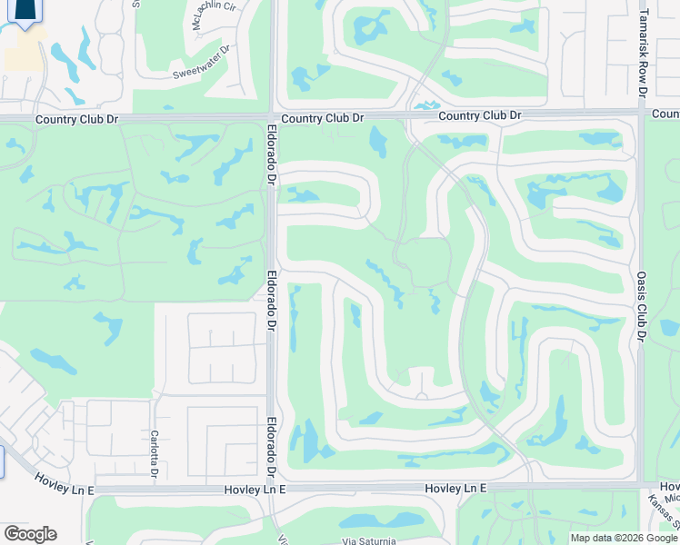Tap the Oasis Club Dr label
pyautogui.click(x=641, y=310)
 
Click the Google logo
pyautogui.click(x=29, y=534)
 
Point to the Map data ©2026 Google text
pyautogui.click(x=623, y=538)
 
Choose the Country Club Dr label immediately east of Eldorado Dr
pyautogui.click(x=322, y=118)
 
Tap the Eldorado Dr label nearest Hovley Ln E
pyautogui.click(x=271, y=447)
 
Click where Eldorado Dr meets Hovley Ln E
pyautogui.click(x=272, y=489)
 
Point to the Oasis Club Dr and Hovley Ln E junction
pyautogui.click(x=641, y=485)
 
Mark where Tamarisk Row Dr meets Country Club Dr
pyautogui.click(x=642, y=114)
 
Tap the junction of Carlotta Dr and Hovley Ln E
pyautogui.click(x=155, y=489)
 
